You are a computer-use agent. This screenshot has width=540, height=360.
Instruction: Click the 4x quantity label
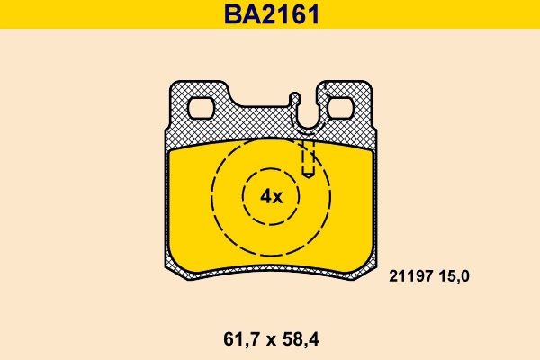(271, 196)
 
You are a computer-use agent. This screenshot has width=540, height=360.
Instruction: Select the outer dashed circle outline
(212, 196)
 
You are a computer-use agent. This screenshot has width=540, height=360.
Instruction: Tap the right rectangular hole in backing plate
(341, 109)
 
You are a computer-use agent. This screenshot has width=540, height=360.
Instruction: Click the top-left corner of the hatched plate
(175, 84)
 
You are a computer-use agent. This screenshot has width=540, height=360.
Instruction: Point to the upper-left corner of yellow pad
(169, 151)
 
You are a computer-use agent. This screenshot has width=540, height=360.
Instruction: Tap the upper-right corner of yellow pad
(373, 151)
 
